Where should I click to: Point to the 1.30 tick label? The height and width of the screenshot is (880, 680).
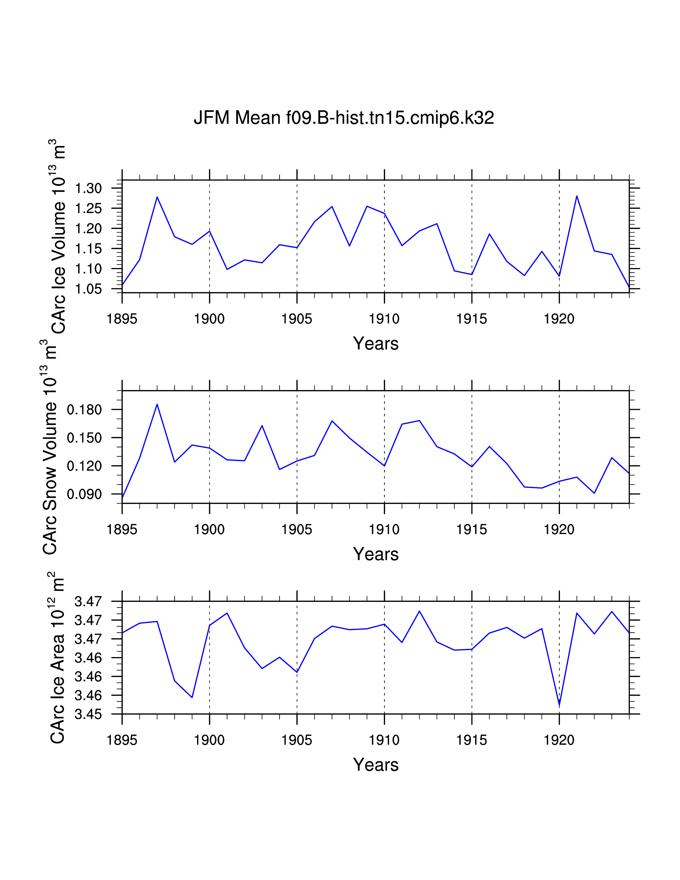[88, 188]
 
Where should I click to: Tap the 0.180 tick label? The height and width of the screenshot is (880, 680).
[84, 410]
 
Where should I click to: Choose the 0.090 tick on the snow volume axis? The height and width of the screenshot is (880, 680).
[84, 494]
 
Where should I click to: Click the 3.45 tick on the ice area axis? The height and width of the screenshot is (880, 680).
[88, 714]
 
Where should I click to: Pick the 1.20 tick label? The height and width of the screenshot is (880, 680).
[88, 229]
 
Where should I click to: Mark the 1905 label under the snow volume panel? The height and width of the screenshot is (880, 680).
[297, 529]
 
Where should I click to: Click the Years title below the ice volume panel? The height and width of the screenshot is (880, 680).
[376, 344]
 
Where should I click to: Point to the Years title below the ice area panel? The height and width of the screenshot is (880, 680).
[376, 765]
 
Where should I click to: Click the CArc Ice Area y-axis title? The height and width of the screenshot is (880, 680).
[57, 657]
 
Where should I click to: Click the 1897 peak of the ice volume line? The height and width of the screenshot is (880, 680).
[157, 197]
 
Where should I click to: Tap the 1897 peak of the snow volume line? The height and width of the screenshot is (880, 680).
[157, 404]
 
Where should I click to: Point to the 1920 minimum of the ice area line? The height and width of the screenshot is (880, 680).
[559, 706]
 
